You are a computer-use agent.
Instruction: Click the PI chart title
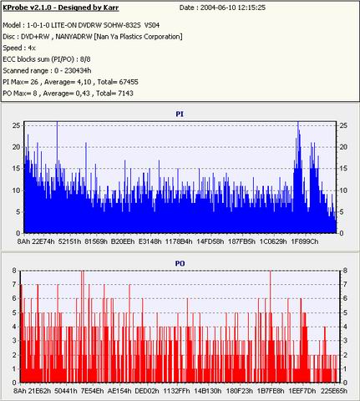click(180, 114)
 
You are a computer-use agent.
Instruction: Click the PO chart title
click(180, 263)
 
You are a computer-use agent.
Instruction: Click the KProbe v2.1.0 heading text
click(61, 8)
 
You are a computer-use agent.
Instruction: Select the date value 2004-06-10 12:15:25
click(233, 8)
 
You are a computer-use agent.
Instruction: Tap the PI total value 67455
click(129, 82)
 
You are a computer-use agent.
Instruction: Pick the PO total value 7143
click(125, 94)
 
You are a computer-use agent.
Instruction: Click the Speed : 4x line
click(19, 48)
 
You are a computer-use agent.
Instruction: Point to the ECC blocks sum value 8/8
click(85, 59)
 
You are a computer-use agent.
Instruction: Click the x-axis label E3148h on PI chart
click(150, 241)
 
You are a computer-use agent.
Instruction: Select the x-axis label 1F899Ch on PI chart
click(305, 241)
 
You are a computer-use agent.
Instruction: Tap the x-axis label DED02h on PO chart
click(147, 391)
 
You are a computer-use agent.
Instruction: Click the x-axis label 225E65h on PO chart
click(334, 391)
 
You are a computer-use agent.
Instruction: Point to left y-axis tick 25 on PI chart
click(17, 125)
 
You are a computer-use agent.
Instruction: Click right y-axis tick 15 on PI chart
click(343, 169)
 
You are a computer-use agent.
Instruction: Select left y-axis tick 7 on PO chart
click(14, 284)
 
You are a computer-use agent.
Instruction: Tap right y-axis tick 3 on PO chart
click(345, 341)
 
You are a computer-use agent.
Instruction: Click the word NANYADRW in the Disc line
click(74, 37)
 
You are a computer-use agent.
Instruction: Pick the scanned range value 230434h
click(78, 71)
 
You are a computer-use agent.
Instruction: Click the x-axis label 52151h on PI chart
click(69, 241)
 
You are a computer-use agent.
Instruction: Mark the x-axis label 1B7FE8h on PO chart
click(271, 391)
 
